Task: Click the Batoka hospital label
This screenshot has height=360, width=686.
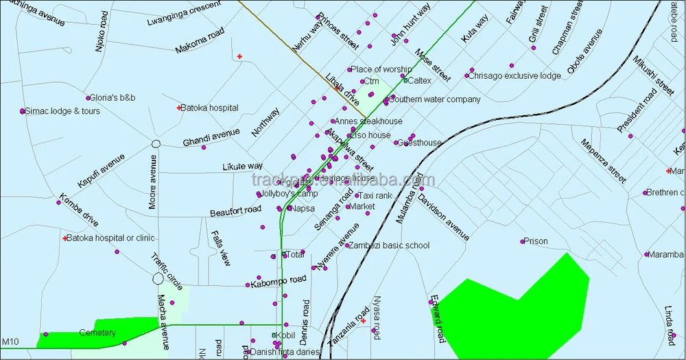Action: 209,108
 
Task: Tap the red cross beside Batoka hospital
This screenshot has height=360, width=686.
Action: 178,108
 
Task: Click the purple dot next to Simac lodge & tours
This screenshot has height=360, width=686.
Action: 23,111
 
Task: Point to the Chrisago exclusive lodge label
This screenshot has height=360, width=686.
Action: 514,76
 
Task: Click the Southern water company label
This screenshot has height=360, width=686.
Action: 435,99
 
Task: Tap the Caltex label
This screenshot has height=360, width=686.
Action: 420,81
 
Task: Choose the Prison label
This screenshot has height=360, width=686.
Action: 536,241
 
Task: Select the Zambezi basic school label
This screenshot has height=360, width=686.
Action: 388,245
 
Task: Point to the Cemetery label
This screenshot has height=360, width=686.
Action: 97,333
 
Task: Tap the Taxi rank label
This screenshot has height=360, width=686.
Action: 376,196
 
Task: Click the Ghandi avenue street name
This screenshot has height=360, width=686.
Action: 211,138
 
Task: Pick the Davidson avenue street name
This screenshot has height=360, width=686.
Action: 443,217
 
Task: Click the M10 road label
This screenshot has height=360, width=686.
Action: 10,341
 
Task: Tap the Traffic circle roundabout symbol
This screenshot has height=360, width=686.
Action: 158,278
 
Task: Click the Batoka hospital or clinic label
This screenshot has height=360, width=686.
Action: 110,239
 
